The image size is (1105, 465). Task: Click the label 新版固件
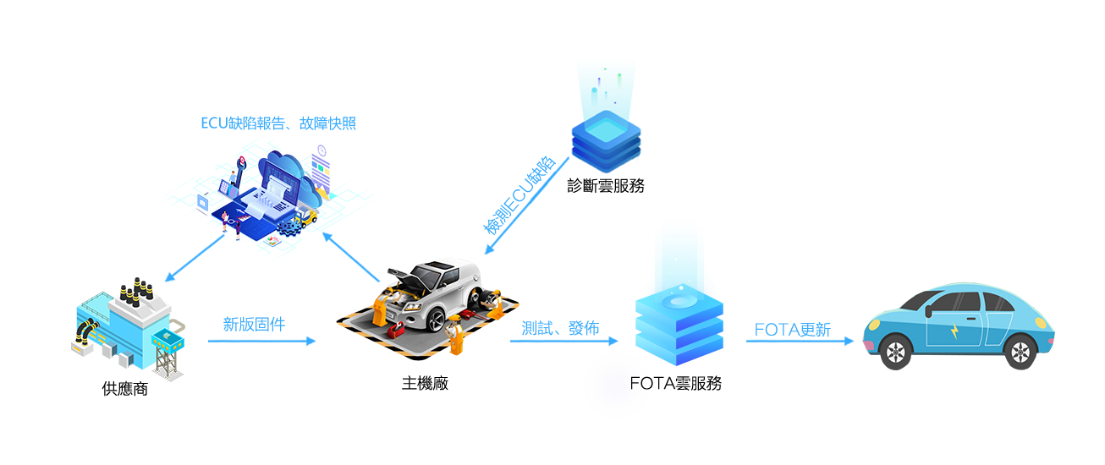[254, 324]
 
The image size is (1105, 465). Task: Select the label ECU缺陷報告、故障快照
[278, 123]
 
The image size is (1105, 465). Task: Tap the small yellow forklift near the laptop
[309, 218]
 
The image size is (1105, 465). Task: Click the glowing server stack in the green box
[679, 313]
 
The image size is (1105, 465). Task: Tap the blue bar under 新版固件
[262, 341]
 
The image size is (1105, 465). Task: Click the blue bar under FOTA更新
[800, 341]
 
